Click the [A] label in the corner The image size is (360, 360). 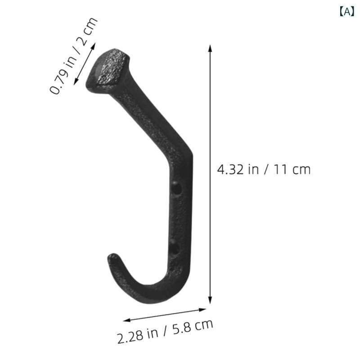(346, 12)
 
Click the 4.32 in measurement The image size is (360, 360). (238, 170)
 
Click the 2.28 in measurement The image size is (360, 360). (138, 335)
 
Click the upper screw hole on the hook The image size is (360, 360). (176, 189)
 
